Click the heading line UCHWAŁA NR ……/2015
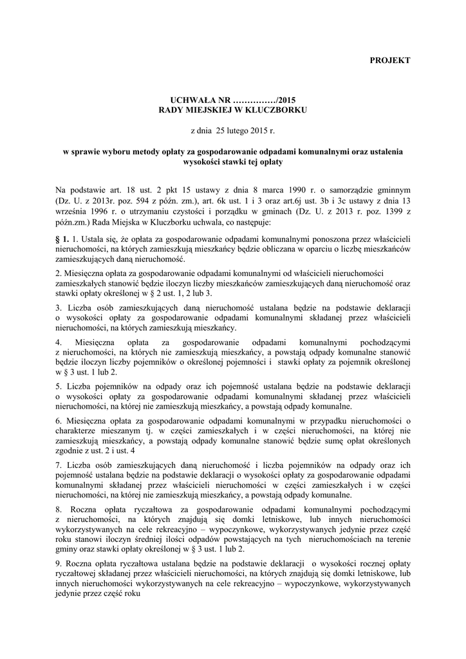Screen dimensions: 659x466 tap(232, 100)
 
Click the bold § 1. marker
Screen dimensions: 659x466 tap(62, 239)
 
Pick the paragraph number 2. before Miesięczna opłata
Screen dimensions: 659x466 tap(59, 273)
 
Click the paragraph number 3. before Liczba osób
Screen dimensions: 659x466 tap(59, 307)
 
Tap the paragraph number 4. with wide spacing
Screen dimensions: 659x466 tap(59, 342)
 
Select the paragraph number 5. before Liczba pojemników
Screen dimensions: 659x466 tap(59, 385)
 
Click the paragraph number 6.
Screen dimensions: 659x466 tap(59, 420)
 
